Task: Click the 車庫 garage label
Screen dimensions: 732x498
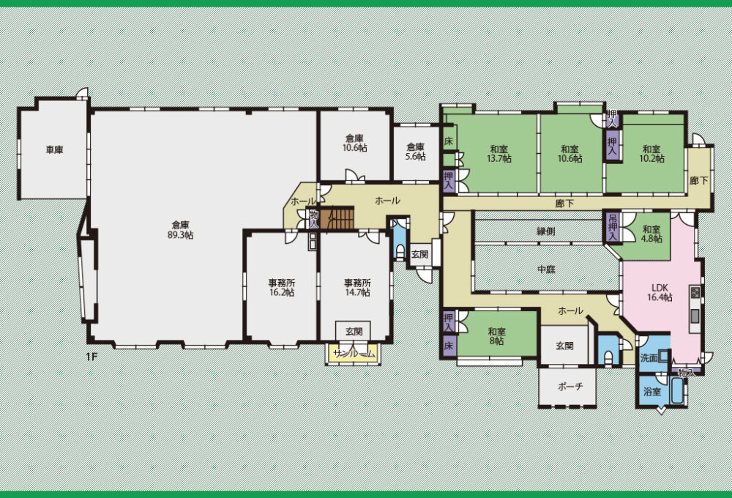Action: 55,150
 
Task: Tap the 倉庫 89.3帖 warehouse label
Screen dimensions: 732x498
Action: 180,230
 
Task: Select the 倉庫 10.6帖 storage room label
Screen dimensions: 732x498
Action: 355,143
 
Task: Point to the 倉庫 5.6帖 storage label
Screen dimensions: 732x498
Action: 416,152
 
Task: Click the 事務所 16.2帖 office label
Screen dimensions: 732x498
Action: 282,288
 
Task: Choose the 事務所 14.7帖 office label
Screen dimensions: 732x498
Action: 358,288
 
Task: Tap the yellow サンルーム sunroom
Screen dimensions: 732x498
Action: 354,354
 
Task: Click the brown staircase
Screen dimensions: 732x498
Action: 338,219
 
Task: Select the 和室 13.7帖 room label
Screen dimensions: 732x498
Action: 499,154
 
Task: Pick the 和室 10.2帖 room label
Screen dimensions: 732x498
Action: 651,154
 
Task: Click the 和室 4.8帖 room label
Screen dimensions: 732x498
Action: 651,234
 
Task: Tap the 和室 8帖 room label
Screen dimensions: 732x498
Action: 497,336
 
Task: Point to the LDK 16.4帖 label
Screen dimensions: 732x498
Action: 660,292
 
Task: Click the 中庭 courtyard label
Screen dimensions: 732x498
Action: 546,270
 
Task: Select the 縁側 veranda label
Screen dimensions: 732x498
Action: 546,231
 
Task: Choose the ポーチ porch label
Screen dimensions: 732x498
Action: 570,387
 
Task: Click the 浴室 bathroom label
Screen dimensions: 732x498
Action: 652,392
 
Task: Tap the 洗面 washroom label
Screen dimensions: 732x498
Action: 649,358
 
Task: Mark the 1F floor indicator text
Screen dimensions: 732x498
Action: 91,357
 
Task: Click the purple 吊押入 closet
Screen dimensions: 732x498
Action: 613,228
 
